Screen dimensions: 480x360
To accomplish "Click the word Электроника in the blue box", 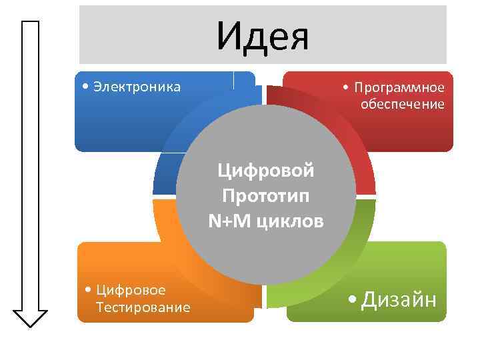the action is coord(137,87).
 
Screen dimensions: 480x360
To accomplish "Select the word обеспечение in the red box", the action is coord(402,104).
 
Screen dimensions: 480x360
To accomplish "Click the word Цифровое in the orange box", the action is coord(131,289).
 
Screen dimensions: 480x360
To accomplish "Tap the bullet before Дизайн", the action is coord(353,301).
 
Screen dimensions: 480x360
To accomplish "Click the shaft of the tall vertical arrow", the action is coord(30,167).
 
